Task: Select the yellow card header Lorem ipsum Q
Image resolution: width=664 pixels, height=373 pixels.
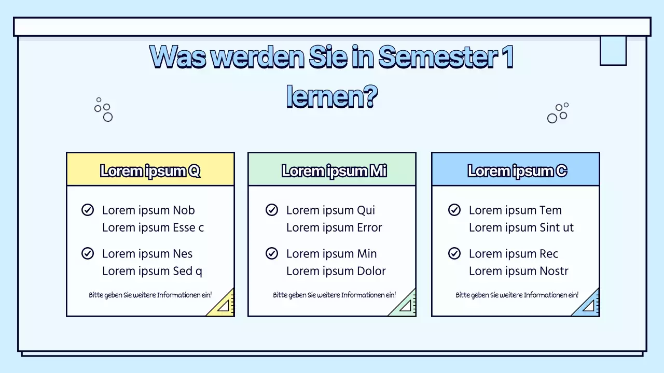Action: coord(150,170)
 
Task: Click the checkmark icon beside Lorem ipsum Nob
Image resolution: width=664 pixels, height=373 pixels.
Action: coord(88,210)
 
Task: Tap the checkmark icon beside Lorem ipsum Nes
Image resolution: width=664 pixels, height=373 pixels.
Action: coord(88,253)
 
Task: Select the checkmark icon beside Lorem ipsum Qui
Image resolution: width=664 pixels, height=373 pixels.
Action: coord(272,210)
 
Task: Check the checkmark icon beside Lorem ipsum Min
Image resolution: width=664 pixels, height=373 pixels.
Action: coord(272,253)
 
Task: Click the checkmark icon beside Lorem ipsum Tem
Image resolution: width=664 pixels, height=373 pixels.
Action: coord(454,210)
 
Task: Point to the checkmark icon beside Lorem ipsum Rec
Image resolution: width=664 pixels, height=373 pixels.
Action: coord(454,253)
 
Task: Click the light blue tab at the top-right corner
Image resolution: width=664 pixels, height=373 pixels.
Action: coord(613,50)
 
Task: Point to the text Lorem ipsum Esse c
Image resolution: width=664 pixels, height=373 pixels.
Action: coord(153,227)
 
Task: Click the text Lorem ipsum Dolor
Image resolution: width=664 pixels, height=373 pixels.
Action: coord(336,271)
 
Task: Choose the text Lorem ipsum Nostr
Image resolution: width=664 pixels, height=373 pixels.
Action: coord(519,271)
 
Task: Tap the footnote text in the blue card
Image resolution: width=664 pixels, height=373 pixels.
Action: coord(517,295)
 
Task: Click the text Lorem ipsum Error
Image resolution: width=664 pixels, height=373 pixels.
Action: coord(334,227)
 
